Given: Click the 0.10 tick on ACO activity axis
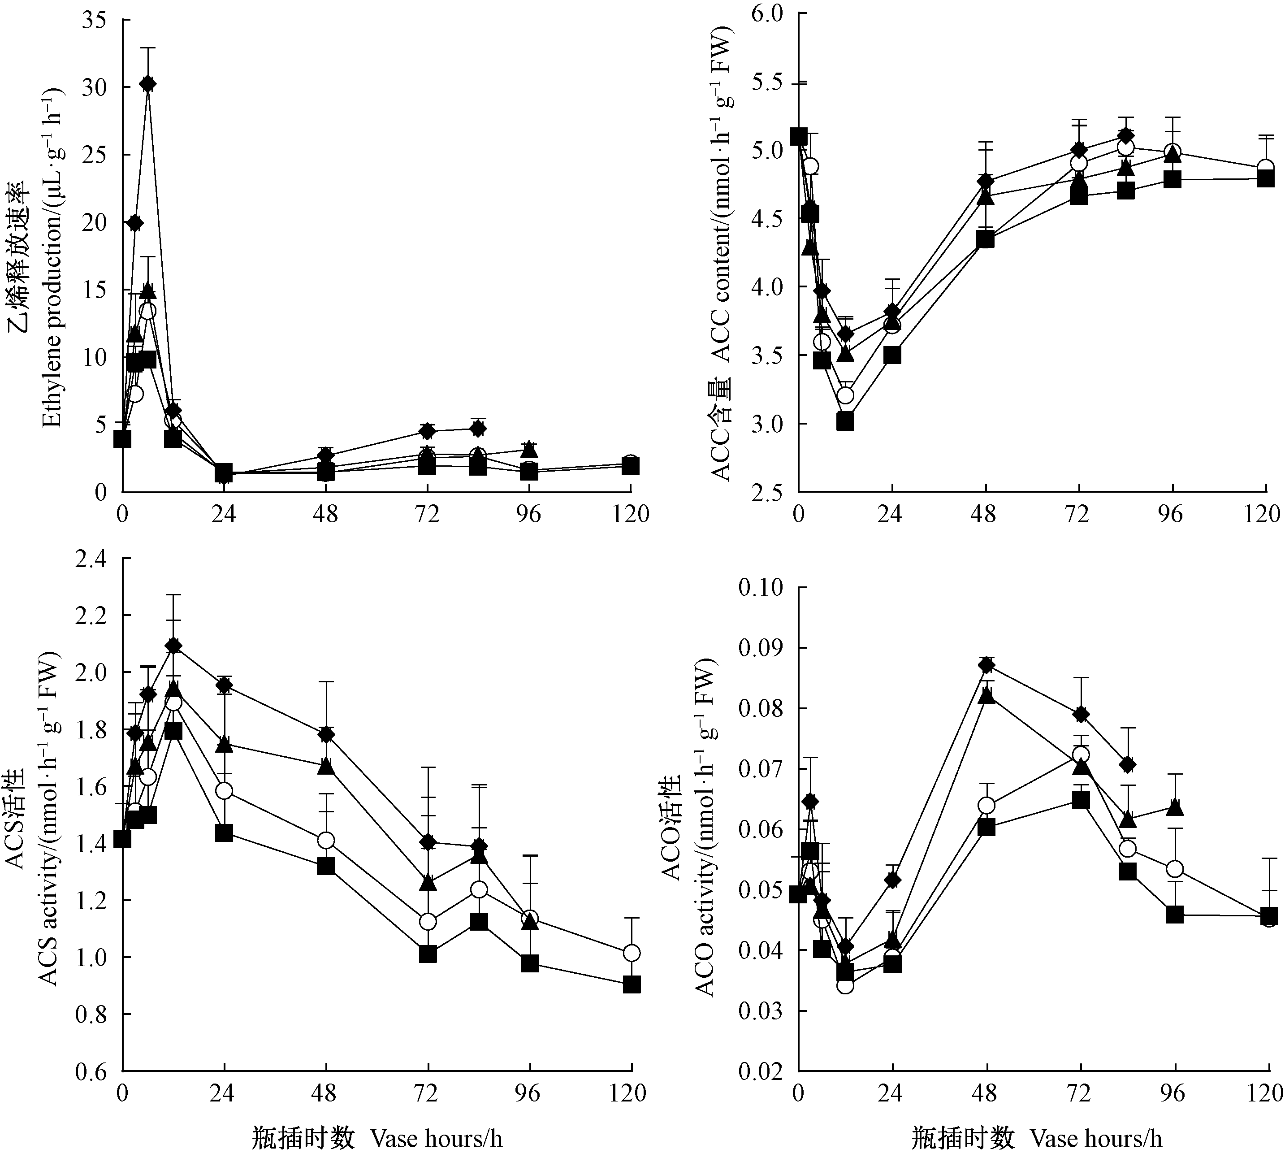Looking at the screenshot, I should [761, 587].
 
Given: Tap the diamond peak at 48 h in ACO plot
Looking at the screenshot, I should [986, 665].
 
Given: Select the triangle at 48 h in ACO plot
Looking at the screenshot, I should [986, 695].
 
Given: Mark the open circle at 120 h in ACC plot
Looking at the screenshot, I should [1266, 168].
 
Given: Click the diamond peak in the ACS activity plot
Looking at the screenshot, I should [173, 646].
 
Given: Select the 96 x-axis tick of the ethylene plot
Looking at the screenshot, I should [528, 514].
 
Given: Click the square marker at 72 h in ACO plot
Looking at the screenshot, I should [1080, 799].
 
